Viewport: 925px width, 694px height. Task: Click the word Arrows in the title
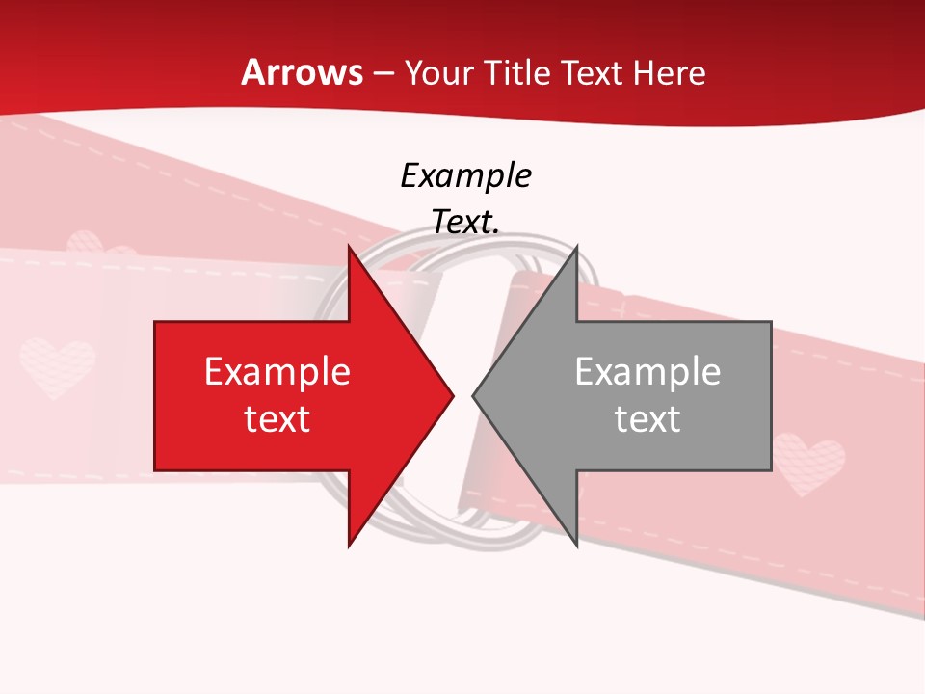[x=302, y=72]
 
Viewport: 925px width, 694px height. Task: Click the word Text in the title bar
[x=592, y=73]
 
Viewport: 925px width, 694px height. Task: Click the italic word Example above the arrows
[x=466, y=176]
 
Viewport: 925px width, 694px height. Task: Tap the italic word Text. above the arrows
[x=466, y=223]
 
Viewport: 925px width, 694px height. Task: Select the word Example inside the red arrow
[x=277, y=372]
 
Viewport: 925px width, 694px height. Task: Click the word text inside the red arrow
[x=277, y=419]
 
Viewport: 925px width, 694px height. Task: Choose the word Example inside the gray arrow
[x=647, y=372]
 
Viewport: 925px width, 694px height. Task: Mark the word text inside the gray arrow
[x=647, y=419]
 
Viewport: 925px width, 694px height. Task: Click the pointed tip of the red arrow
[x=453, y=395]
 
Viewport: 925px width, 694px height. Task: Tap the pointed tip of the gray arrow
[x=473, y=395]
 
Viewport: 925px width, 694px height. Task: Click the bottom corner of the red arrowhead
[x=349, y=546]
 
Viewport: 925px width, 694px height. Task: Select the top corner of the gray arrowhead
[x=576, y=247]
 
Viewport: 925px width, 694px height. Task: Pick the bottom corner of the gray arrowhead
[x=576, y=546]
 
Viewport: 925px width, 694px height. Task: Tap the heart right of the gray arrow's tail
[x=809, y=463]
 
